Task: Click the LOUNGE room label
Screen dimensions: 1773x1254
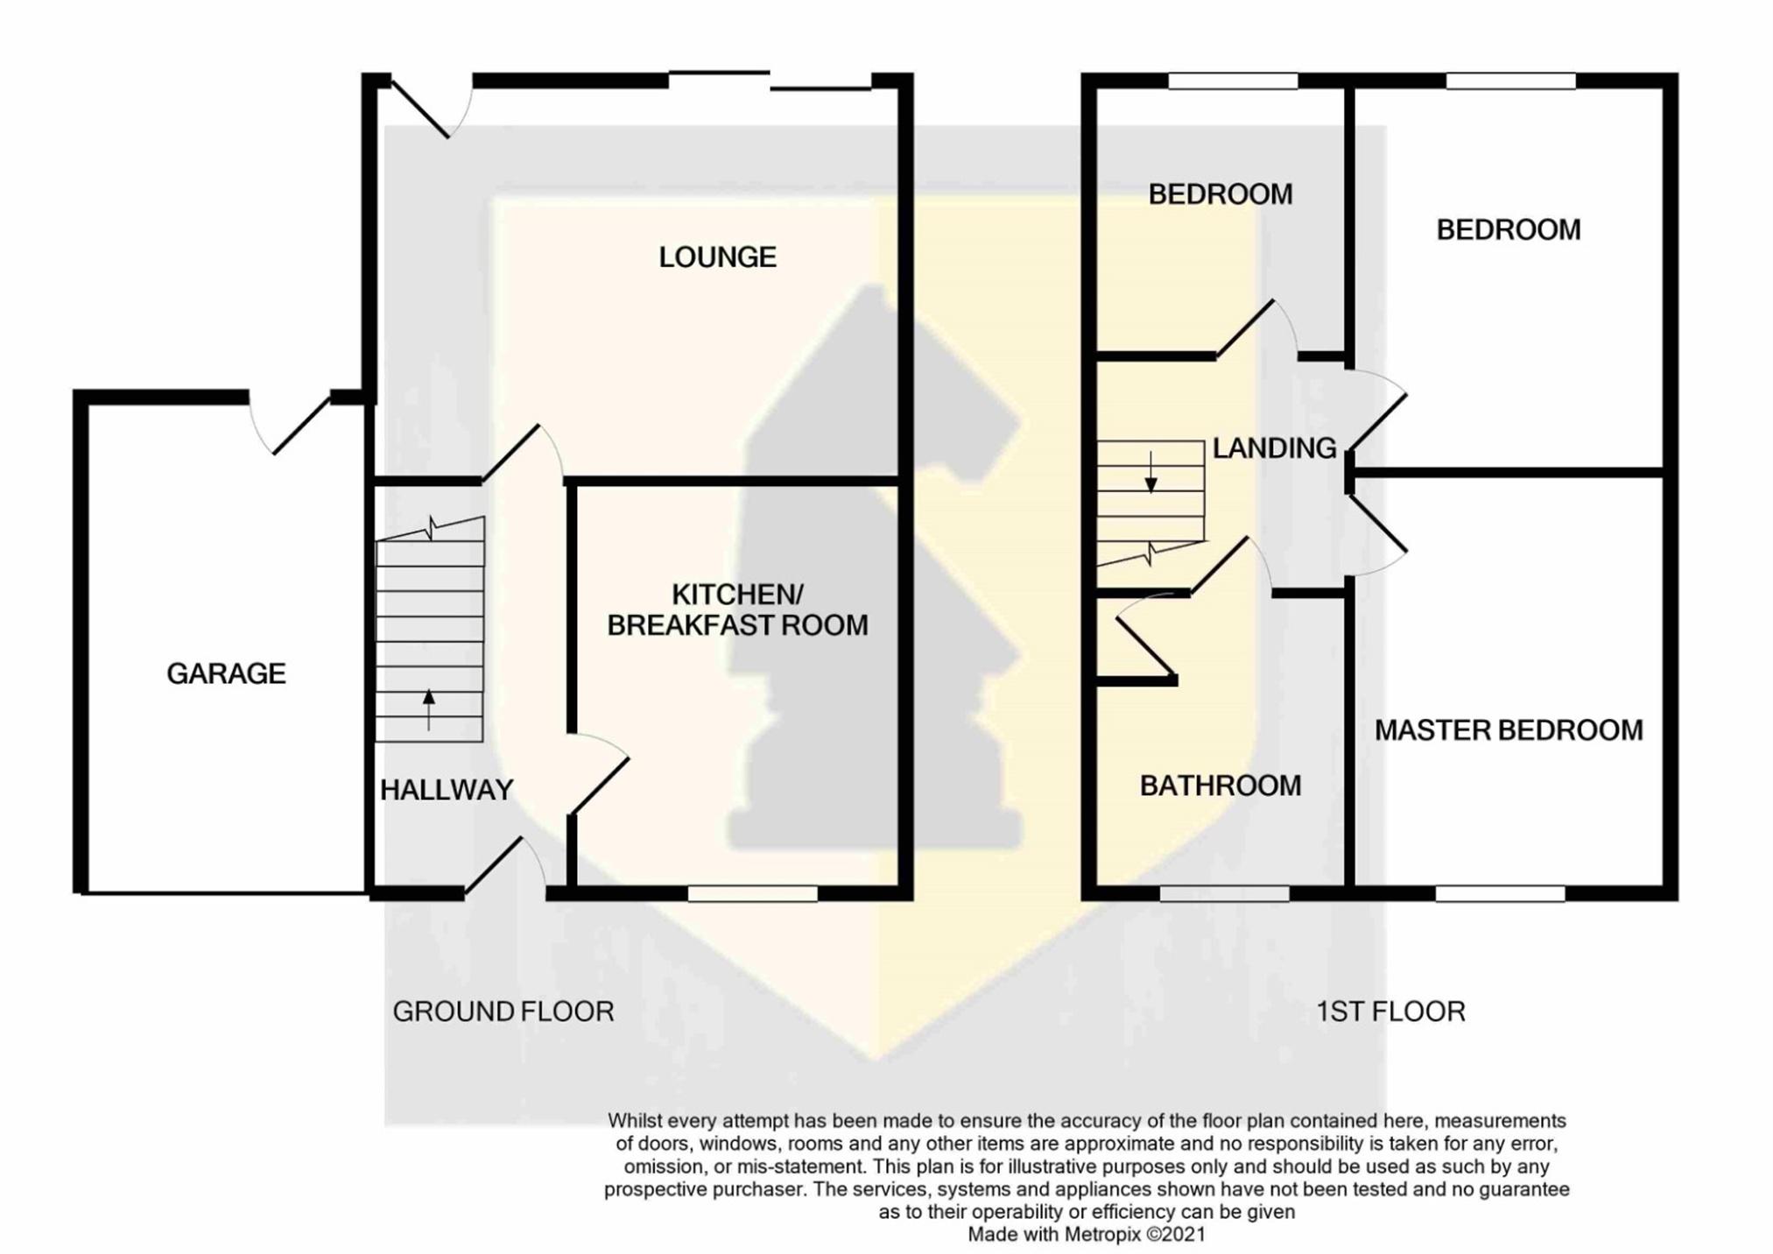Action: (x=717, y=257)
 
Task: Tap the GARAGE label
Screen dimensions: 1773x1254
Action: (x=226, y=673)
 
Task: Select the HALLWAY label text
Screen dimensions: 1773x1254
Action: (x=447, y=790)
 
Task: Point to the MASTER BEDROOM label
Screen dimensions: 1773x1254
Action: (x=1509, y=730)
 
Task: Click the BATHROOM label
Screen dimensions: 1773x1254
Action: (x=1221, y=786)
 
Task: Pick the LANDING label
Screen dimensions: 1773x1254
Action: (x=1274, y=448)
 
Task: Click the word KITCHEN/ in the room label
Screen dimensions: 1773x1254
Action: (x=737, y=595)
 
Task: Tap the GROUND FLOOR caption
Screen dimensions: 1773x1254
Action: (x=503, y=1011)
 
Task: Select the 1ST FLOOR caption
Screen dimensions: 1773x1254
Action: (x=1390, y=1011)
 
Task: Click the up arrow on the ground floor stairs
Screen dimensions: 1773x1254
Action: (x=429, y=709)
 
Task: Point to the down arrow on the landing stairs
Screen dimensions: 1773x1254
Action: (x=1150, y=472)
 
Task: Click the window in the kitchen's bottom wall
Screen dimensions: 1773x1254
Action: (x=752, y=893)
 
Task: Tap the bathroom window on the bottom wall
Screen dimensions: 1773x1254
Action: (x=1224, y=893)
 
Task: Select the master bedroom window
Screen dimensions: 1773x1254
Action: (x=1500, y=893)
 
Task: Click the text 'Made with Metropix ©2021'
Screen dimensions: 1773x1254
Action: (x=1086, y=1235)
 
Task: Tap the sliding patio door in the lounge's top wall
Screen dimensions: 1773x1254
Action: (x=770, y=81)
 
